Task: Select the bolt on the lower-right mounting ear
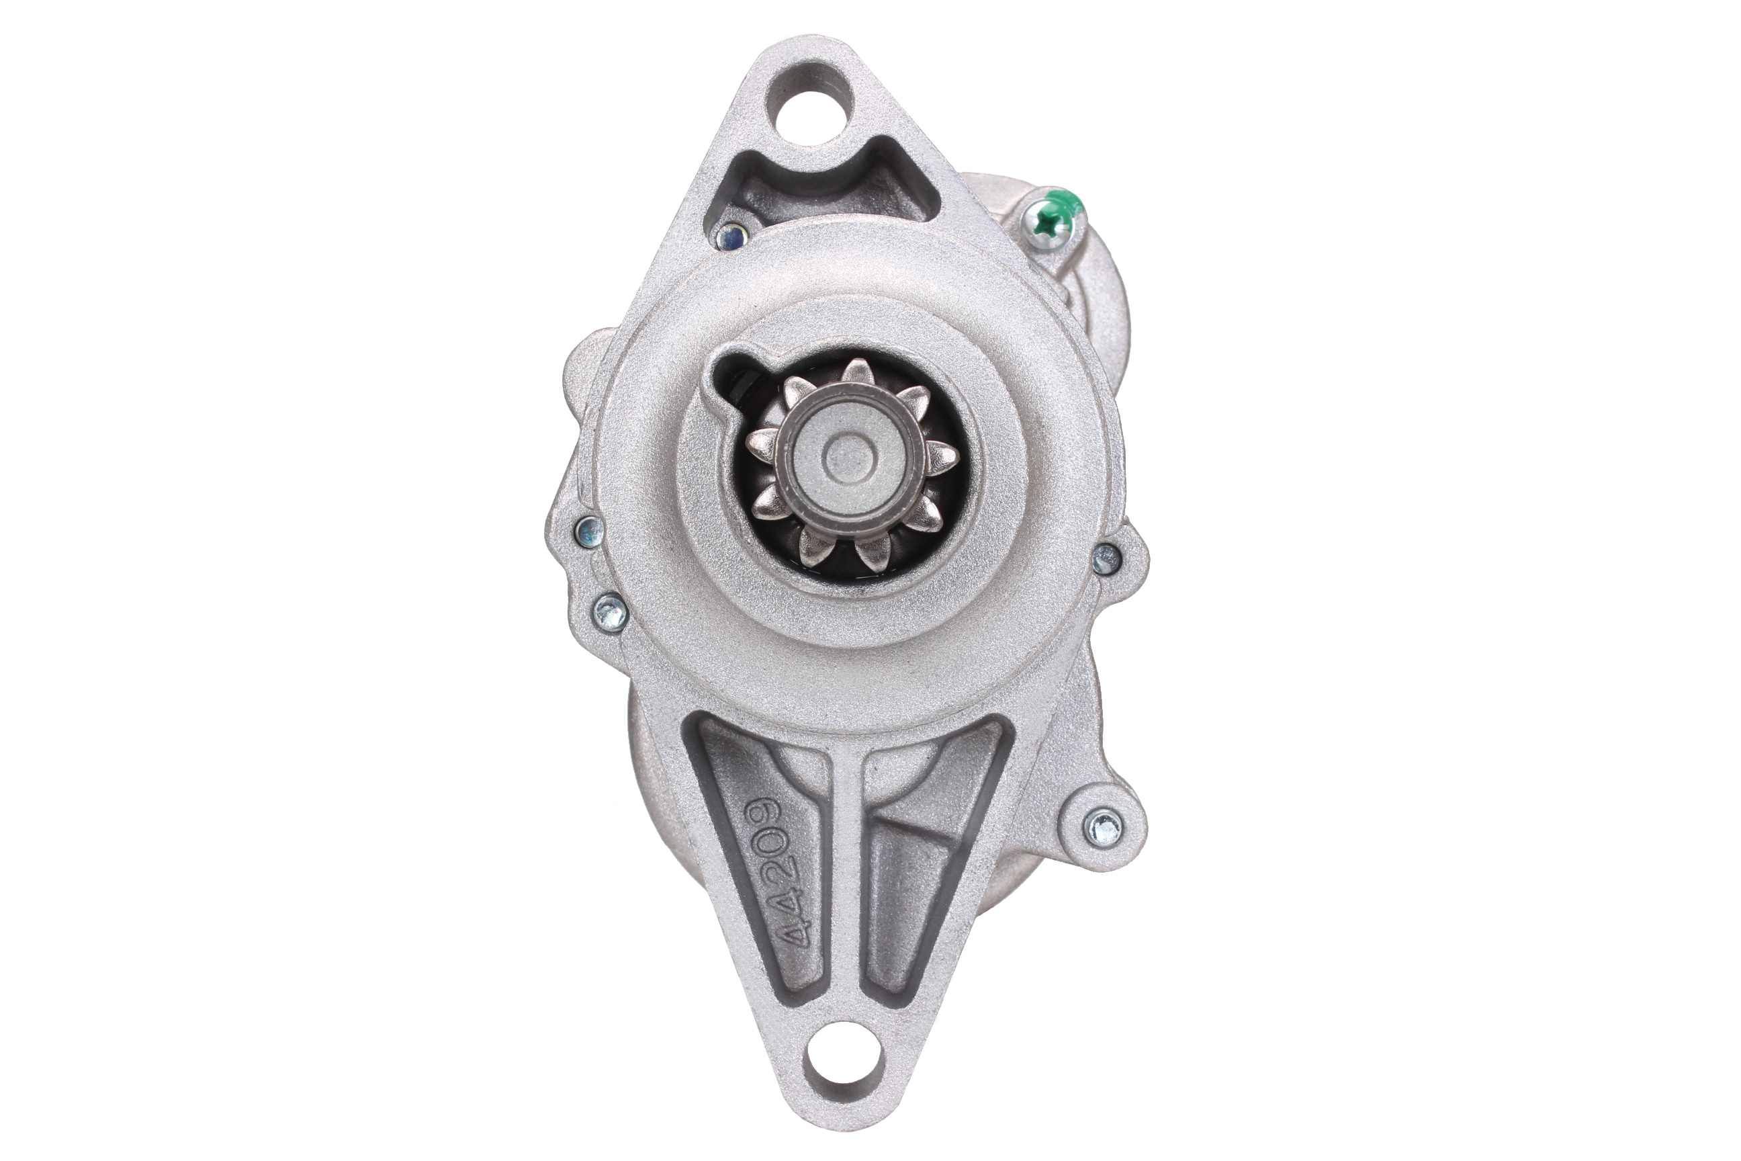[x=1102, y=826]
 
